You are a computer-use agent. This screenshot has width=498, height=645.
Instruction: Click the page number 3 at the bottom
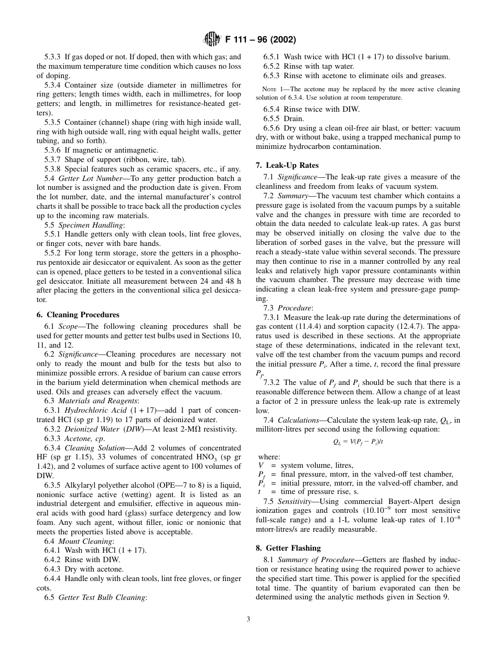coord(248,619)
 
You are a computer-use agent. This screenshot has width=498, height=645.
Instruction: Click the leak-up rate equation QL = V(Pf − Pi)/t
coord(358,442)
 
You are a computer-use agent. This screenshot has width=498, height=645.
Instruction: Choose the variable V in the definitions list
coord(261,465)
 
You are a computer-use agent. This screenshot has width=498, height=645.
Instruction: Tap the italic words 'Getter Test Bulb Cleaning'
coord(102,597)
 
